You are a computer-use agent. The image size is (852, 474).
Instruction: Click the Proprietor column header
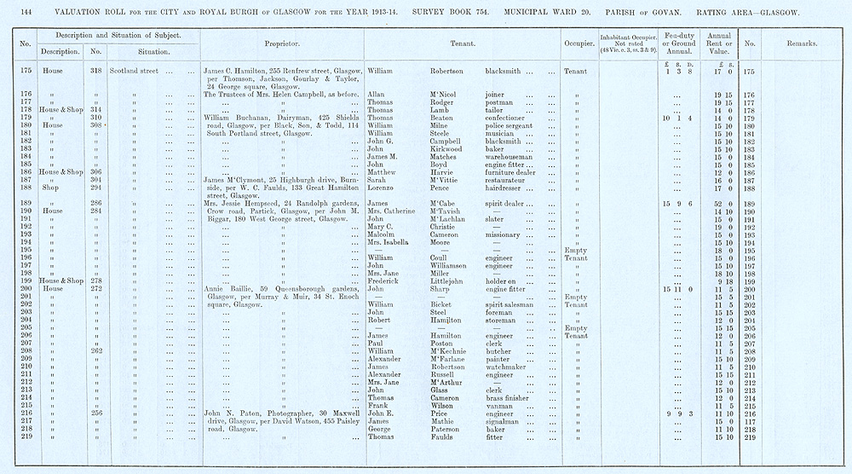(x=282, y=43)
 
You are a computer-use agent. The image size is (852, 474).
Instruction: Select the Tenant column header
(x=462, y=43)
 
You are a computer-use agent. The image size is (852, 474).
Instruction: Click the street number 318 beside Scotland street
(x=96, y=72)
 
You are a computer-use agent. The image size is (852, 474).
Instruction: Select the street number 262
(x=96, y=351)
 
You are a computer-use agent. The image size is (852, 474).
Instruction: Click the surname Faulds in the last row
(x=430, y=437)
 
